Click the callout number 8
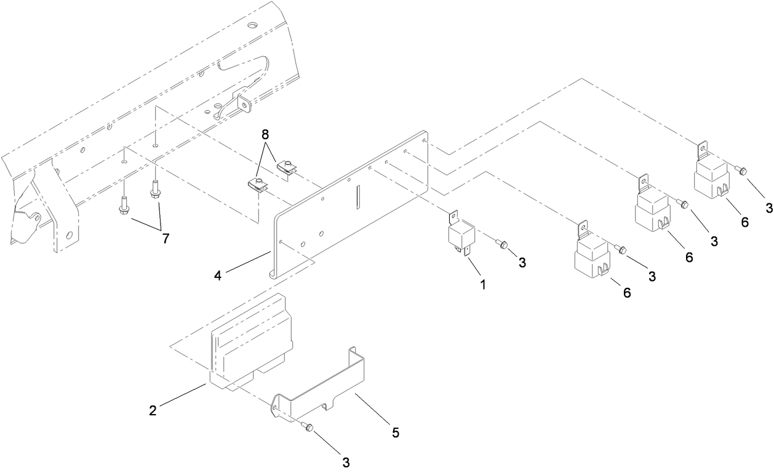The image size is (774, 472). pos(265,134)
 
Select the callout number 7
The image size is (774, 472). pos(165,238)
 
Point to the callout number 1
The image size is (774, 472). pos(483,285)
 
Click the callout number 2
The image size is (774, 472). pos(153,410)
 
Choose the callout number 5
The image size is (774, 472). pos(396,433)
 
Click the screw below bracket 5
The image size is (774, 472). pos(308,428)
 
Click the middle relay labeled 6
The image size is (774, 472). pos(652,209)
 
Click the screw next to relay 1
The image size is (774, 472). pos(503,245)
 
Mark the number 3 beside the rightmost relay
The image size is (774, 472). pos(768,208)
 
